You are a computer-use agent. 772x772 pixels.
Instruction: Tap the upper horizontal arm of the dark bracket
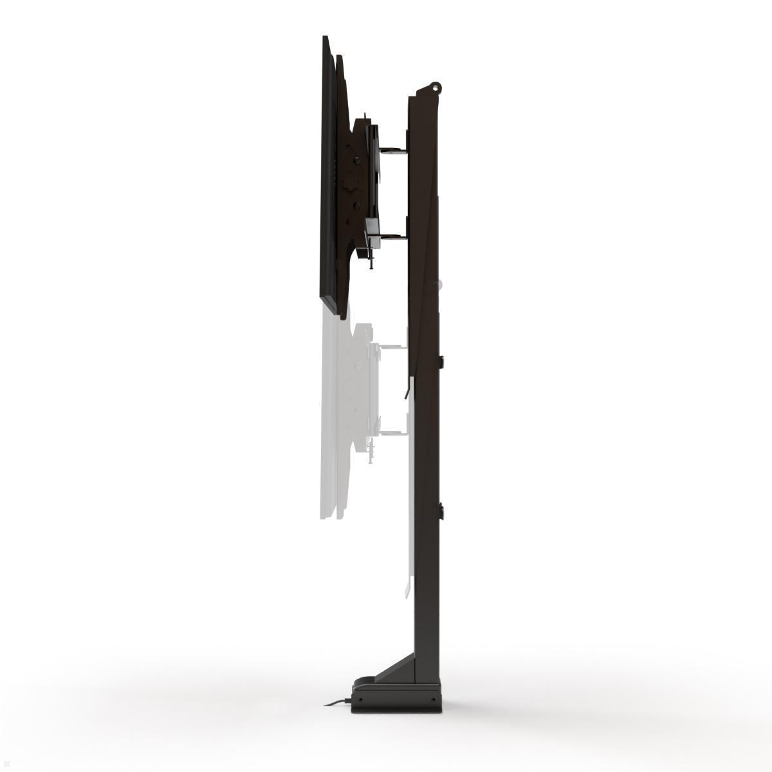(x=393, y=152)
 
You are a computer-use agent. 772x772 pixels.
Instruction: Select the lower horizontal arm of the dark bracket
(x=393, y=237)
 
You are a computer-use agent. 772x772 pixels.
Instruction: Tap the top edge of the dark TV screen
(x=326, y=40)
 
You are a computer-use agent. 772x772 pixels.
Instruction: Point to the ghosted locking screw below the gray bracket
(x=371, y=456)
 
